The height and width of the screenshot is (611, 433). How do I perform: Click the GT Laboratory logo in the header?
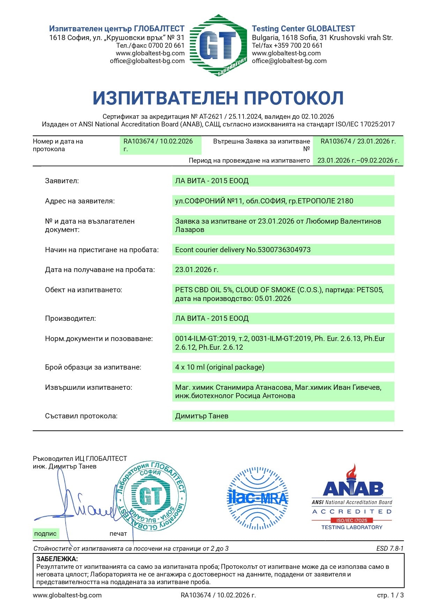(218, 45)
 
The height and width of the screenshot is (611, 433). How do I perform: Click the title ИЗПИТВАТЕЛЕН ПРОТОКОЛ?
(218, 98)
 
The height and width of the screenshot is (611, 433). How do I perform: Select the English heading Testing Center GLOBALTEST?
(303, 29)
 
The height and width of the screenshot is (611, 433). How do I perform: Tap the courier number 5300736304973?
(283, 250)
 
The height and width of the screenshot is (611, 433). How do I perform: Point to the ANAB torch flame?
(351, 472)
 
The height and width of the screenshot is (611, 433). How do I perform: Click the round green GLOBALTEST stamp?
(151, 496)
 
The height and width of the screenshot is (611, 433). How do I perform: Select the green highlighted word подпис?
(45, 534)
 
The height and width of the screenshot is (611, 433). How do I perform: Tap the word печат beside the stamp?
(118, 534)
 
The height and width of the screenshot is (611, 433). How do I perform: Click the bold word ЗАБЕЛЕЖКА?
(57, 559)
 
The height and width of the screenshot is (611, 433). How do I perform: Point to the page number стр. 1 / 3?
(390, 595)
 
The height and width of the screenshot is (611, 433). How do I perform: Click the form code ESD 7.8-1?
(390, 549)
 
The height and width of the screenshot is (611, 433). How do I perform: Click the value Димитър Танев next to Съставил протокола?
(202, 416)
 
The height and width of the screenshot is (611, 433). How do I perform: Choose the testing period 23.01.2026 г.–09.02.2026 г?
(358, 161)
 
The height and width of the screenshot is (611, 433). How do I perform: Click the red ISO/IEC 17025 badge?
(351, 520)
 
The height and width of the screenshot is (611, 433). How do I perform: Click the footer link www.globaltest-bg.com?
(67, 595)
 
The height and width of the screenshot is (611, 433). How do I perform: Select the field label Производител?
(70, 318)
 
